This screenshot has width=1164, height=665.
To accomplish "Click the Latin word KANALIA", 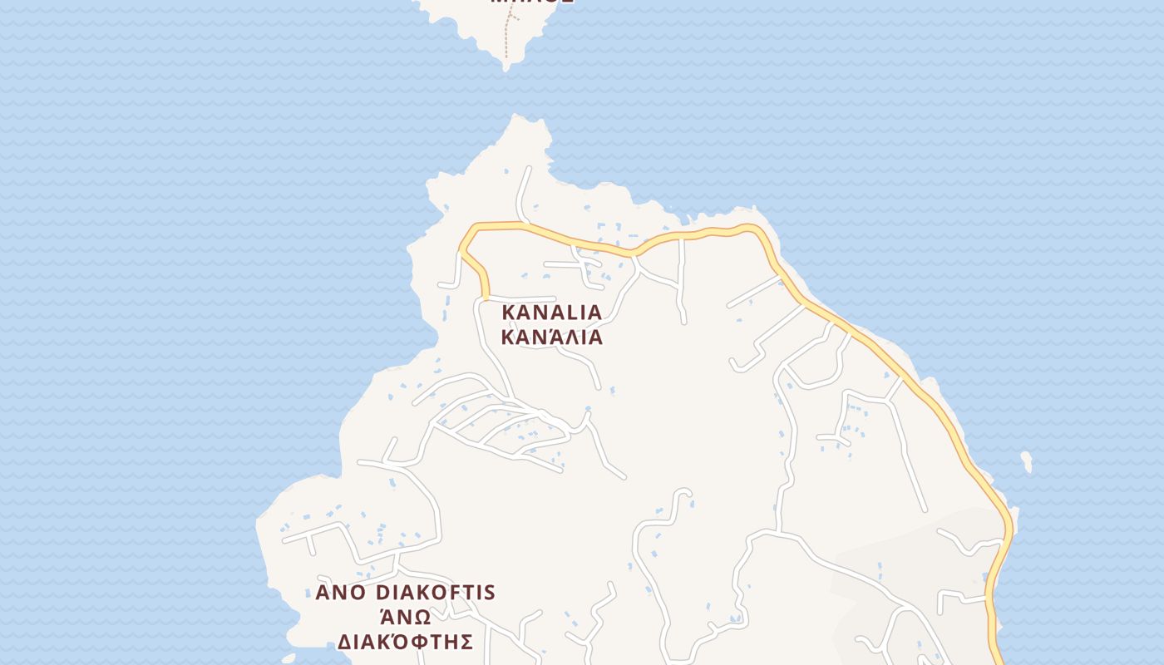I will coord(551,313).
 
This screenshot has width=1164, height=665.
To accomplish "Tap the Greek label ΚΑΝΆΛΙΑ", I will coord(551,337).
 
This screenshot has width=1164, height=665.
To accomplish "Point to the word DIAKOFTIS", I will coord(436,593).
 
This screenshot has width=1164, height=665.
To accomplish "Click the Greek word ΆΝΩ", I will coord(405,617).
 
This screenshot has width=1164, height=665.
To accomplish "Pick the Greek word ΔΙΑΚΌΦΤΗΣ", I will coord(405,642).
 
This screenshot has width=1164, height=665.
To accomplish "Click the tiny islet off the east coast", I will coord(1027,461).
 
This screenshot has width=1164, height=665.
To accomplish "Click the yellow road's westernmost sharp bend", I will coord(462,248).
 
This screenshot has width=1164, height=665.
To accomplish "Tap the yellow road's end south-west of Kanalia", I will coord(486,295).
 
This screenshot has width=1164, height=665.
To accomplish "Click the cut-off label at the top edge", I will coord(520,2).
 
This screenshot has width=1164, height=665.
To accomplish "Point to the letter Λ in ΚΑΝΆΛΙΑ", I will coord(566,337).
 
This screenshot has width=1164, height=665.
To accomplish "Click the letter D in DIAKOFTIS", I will coord(385,593).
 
